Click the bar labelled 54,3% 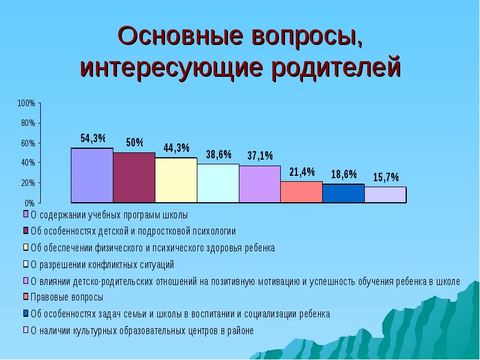(92, 175)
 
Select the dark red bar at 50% (134, 178)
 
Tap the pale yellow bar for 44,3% (176, 180)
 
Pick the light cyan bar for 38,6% (218, 183)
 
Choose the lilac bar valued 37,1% (260, 184)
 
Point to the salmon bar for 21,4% (301, 192)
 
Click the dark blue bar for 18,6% (343, 193)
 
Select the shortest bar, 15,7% (385, 195)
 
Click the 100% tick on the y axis (26, 103)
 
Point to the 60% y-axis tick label (28, 143)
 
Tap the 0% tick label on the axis (29, 203)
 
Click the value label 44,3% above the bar (176, 148)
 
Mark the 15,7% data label (386, 177)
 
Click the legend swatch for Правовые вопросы (26, 296)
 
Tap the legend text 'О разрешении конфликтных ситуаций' (102, 264)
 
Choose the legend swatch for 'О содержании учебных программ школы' (26, 214)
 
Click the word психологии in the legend (214, 231)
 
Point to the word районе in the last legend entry (241, 330)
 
